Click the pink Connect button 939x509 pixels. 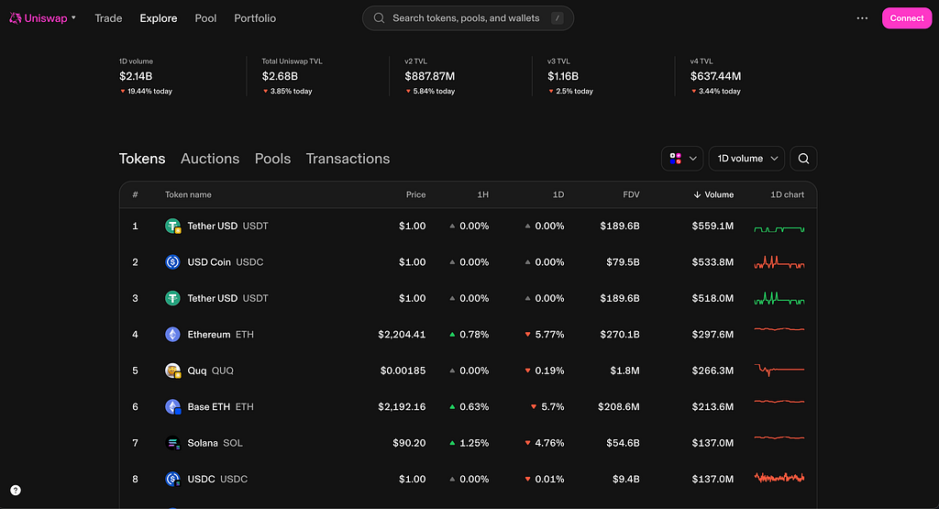click(x=907, y=18)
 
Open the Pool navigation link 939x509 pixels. click(x=205, y=18)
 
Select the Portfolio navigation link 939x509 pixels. click(x=255, y=18)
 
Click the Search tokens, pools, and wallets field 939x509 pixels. click(x=468, y=18)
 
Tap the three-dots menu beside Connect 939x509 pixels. click(x=862, y=18)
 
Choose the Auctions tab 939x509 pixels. click(x=210, y=159)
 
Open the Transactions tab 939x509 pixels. click(x=348, y=159)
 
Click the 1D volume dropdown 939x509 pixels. click(x=746, y=159)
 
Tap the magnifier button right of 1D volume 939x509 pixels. click(x=803, y=159)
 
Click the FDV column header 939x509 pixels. click(x=631, y=194)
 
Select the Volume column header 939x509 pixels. click(x=713, y=194)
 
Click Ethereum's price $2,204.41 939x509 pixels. click(x=402, y=334)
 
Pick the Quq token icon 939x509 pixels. click(x=173, y=371)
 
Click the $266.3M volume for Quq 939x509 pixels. click(x=713, y=371)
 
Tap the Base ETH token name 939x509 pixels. click(x=208, y=406)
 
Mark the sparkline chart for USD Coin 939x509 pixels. click(x=779, y=262)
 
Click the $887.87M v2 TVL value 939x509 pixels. click(x=430, y=76)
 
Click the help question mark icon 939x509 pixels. click(x=16, y=491)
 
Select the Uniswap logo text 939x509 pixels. click(x=46, y=18)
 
